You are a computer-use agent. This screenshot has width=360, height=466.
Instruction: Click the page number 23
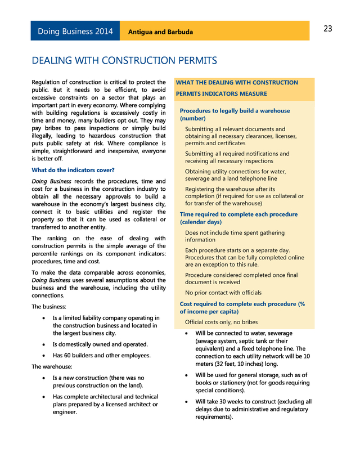click(x=328, y=29)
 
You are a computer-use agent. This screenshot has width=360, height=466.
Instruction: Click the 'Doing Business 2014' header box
click(x=75, y=32)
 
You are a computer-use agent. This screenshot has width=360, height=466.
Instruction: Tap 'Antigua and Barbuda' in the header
click(x=160, y=32)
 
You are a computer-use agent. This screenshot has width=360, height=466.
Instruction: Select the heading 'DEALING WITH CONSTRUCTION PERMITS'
click(x=124, y=60)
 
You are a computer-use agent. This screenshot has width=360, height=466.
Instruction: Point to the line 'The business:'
click(x=49, y=307)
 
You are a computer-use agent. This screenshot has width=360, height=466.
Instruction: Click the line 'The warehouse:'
click(x=52, y=366)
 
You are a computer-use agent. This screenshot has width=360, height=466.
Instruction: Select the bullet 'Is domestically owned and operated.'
click(x=100, y=344)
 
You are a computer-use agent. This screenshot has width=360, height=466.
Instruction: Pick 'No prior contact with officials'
click(x=223, y=293)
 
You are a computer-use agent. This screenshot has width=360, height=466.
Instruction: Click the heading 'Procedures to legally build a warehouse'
click(x=235, y=111)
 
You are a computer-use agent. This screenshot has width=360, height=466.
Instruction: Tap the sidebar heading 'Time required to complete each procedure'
click(x=238, y=214)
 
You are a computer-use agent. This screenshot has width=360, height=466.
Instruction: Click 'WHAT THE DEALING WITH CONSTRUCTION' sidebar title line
click(x=237, y=83)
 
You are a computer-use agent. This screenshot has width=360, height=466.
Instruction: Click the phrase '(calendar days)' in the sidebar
click(x=200, y=222)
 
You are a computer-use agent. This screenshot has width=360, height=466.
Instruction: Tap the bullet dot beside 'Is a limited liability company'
click(x=44, y=318)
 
